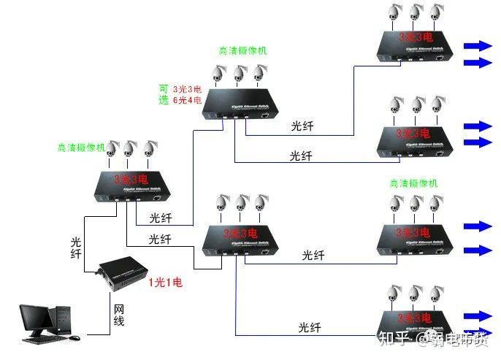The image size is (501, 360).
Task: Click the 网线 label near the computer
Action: pyautogui.click(x=119, y=315)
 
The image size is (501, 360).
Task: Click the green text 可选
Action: pyautogui.click(x=164, y=94)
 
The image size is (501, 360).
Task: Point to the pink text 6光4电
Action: pyautogui.click(x=187, y=101)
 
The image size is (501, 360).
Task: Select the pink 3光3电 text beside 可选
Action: pyautogui.click(x=187, y=89)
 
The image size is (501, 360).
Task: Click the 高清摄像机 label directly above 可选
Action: pyautogui.click(x=242, y=51)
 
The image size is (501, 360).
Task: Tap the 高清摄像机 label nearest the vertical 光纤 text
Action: pyautogui.click(x=81, y=147)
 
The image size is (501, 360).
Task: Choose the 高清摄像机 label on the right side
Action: pyautogui.click(x=413, y=183)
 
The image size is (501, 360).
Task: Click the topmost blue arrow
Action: pyautogui.click(x=478, y=45)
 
